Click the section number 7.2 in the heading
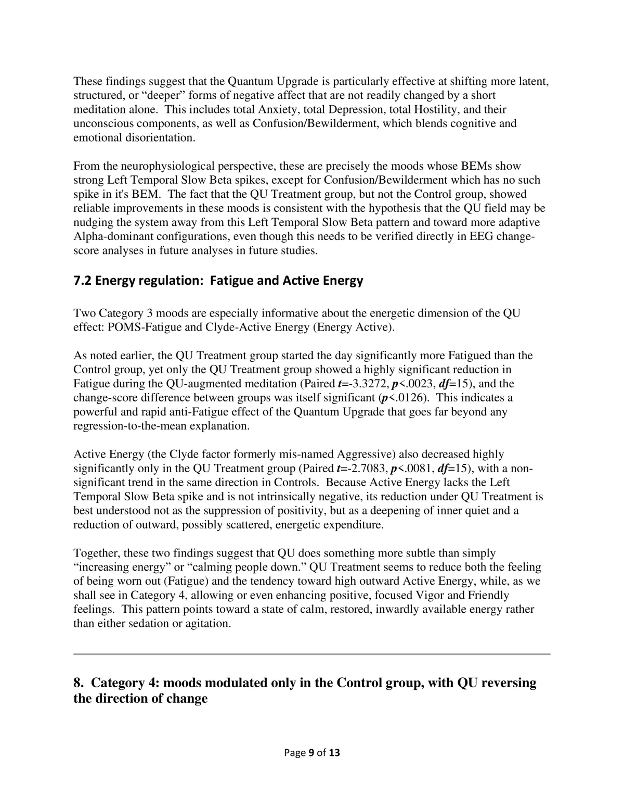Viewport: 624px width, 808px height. (82, 281)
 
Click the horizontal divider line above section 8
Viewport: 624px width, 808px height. (311, 653)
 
